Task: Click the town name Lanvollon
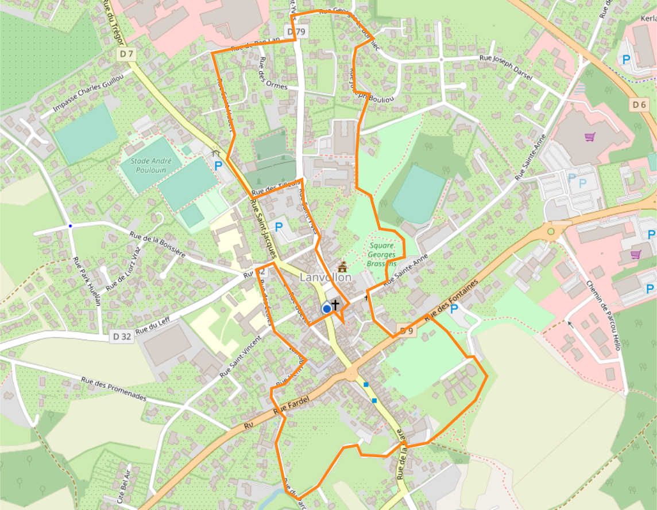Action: pyautogui.click(x=325, y=277)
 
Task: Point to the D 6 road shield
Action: pyautogui.click(x=639, y=104)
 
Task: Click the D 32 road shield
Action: pyautogui.click(x=122, y=337)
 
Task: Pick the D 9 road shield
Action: pyautogui.click(x=406, y=330)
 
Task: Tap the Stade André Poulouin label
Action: pyautogui.click(x=148, y=165)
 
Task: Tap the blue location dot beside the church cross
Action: pyautogui.click(x=326, y=309)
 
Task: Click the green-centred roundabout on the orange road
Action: pyautogui.click(x=551, y=232)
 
